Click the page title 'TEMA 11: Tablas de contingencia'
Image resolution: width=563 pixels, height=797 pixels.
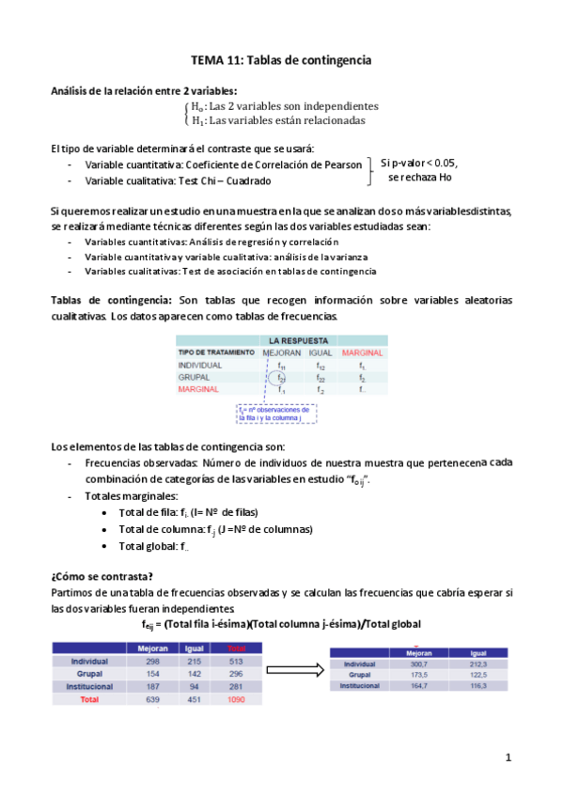pyautogui.click(x=281, y=60)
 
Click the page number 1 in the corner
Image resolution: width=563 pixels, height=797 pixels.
pyautogui.click(x=508, y=757)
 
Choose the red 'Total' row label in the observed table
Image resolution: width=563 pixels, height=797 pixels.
pyautogui.click(x=88, y=700)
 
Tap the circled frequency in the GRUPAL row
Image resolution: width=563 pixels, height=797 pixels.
pyautogui.click(x=281, y=377)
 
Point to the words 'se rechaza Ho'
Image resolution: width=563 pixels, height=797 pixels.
pyautogui.click(x=419, y=177)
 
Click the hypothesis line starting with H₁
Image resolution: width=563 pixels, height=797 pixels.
pyautogui.click(x=278, y=120)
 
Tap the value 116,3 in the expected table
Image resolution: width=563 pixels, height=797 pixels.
pyautogui.click(x=477, y=687)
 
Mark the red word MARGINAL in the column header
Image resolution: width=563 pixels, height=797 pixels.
pyautogui.click(x=363, y=352)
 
